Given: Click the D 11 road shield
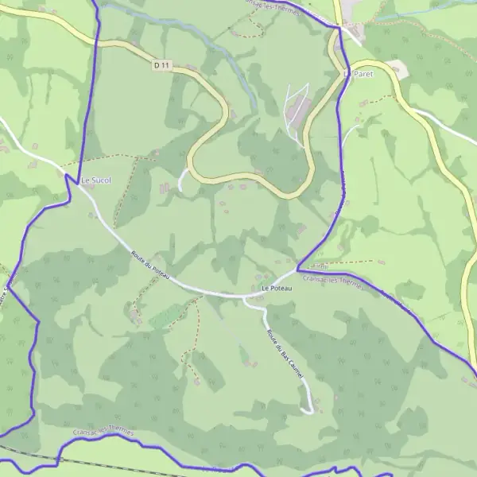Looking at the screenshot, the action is (162, 65).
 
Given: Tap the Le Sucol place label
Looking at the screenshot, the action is (96, 180).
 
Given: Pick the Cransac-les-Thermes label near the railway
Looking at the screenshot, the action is (103, 430).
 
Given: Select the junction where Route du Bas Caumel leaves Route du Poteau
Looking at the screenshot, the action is (243, 297).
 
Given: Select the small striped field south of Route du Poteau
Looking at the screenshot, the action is (165, 317).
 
